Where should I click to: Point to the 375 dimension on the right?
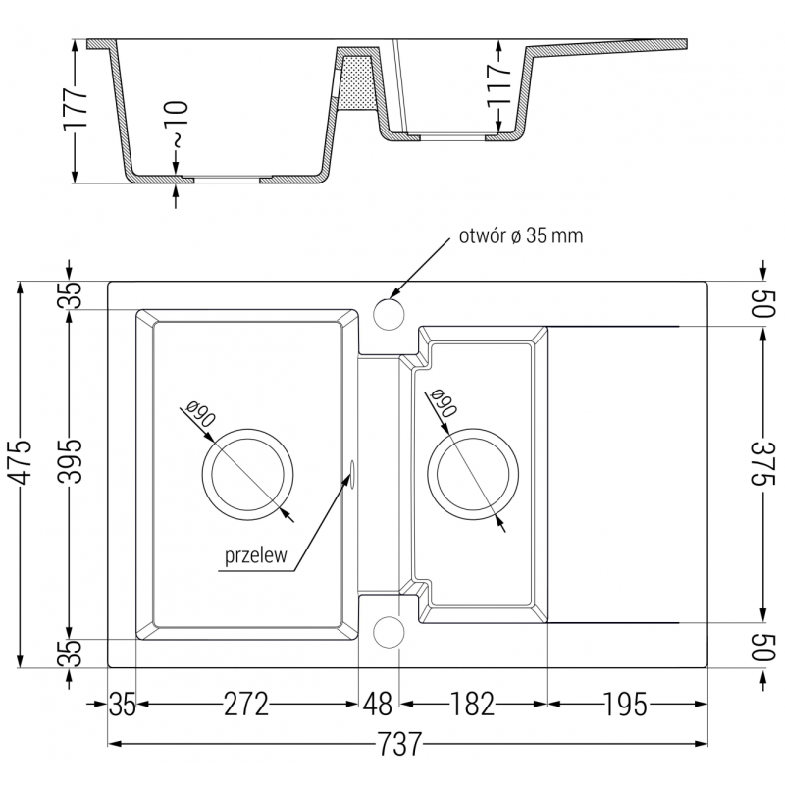coord(762,475)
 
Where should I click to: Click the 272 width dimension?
coord(245,704)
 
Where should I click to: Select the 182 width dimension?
coord(472,704)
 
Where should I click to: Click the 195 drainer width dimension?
coord(625,704)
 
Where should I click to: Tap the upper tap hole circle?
coord(389,316)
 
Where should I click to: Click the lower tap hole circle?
coord(389,633)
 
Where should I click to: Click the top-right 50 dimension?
coord(762,303)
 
